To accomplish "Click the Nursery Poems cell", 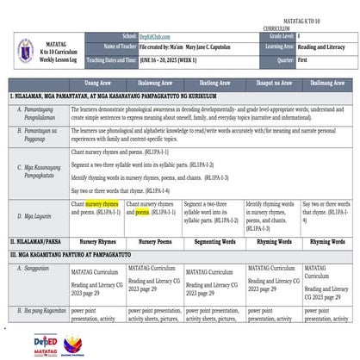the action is (155, 242).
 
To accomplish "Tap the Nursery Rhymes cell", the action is (97, 242).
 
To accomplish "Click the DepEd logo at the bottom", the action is (45, 344).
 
